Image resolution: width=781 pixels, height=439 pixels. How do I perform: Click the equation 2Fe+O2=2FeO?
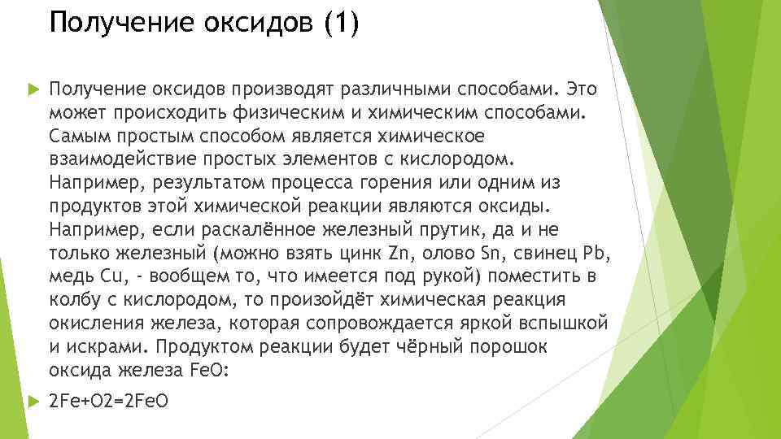[109, 402]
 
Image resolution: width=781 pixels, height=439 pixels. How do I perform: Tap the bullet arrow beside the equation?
[33, 402]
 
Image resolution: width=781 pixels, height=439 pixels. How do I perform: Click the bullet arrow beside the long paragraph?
[33, 88]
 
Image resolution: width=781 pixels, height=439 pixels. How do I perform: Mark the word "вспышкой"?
[568, 324]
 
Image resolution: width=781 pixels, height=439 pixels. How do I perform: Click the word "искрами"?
[106, 347]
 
